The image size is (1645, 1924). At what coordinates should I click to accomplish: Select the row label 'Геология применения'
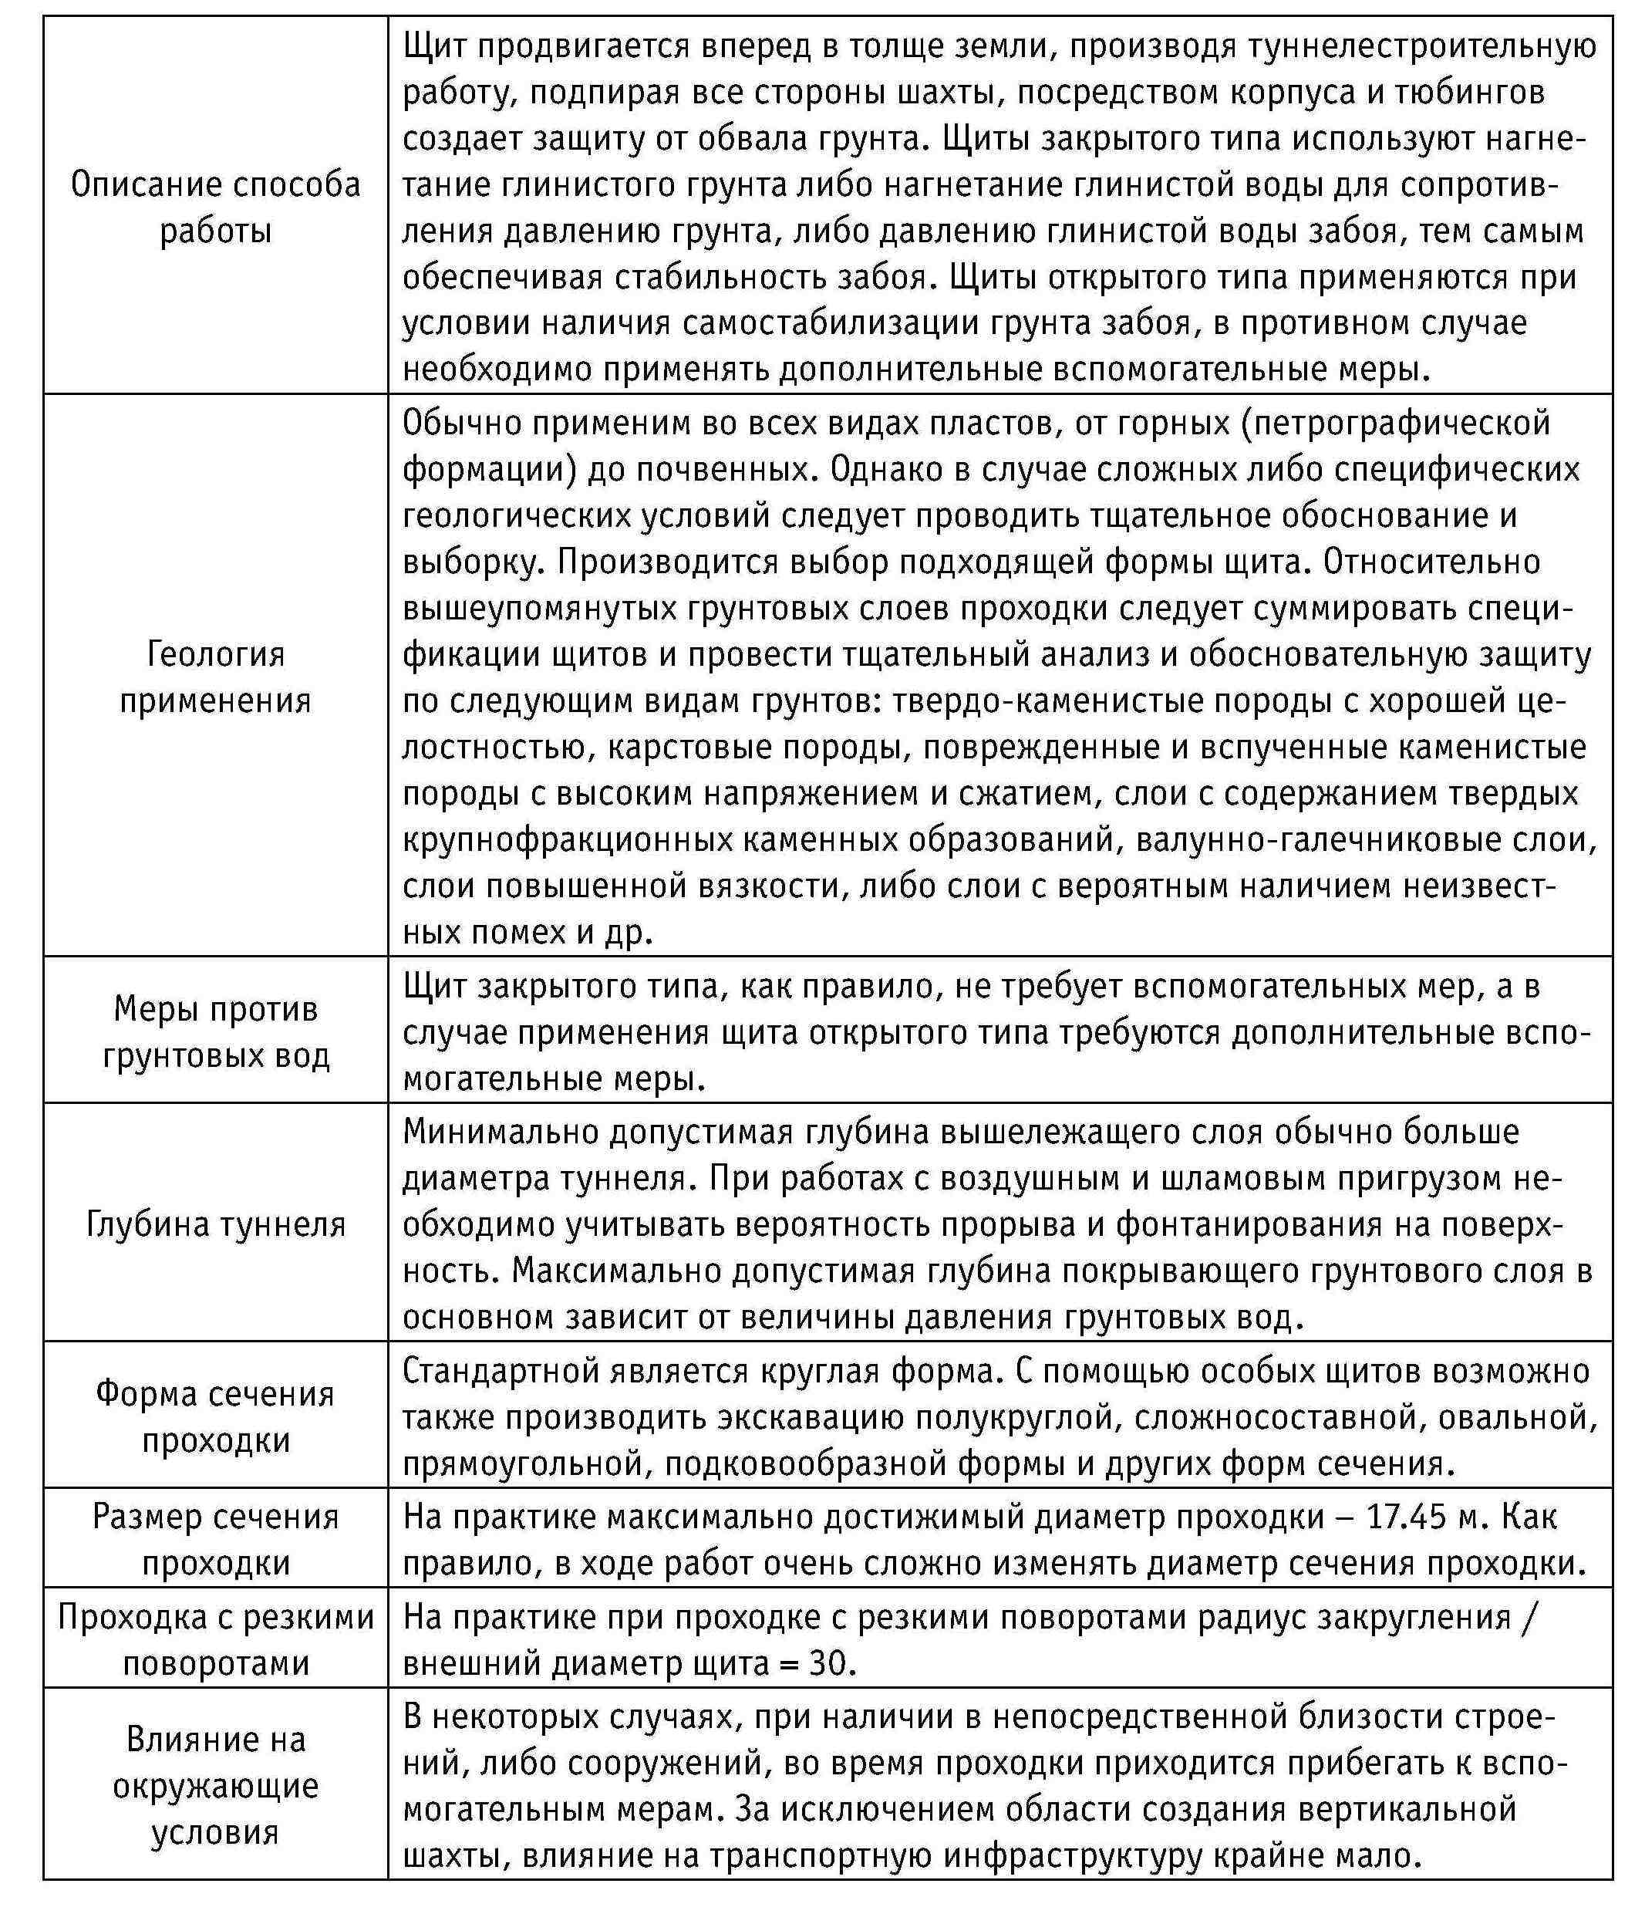(x=215, y=676)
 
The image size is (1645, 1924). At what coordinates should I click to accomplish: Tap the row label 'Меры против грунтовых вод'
(x=215, y=1031)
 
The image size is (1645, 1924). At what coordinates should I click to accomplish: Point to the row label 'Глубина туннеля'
(x=215, y=1224)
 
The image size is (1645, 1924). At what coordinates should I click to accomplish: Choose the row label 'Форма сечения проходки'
(x=215, y=1417)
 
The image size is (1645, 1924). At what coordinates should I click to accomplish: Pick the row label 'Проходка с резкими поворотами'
(x=215, y=1640)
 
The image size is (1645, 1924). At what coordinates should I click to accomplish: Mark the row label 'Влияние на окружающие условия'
(x=215, y=1786)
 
